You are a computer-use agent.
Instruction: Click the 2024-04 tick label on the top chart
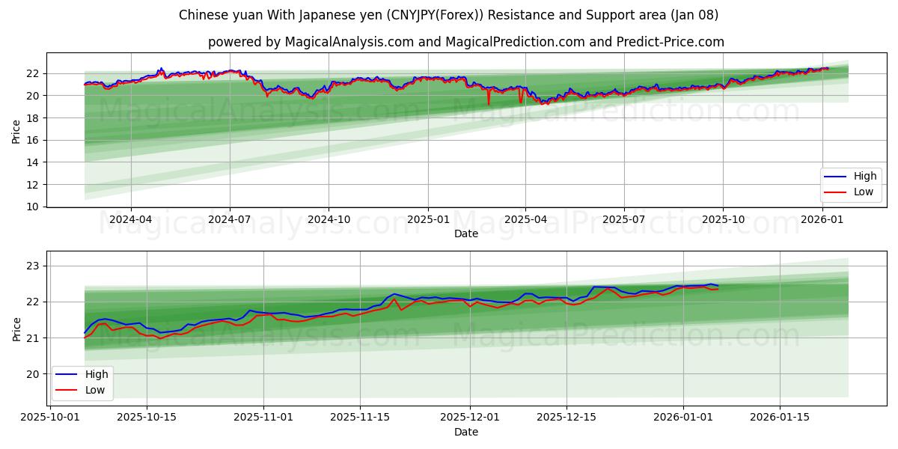point(131,219)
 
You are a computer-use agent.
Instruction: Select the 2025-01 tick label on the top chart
point(428,219)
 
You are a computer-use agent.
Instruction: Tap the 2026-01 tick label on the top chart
point(822,219)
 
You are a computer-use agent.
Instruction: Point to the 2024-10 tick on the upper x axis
point(329,219)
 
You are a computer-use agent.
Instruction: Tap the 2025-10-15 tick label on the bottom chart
point(146,418)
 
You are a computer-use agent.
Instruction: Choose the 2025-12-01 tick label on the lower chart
point(469,418)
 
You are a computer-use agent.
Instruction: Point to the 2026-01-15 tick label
point(780,418)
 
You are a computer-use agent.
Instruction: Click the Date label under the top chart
point(465,233)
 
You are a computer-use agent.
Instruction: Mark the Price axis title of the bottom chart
point(16,329)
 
